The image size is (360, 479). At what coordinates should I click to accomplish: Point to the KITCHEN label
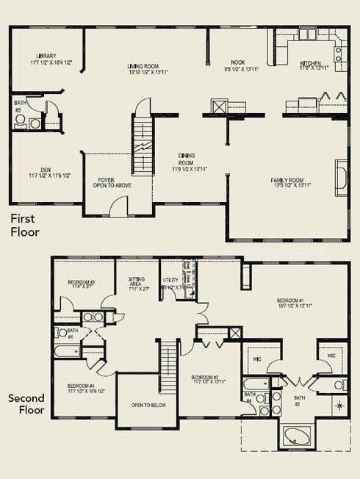[311, 64]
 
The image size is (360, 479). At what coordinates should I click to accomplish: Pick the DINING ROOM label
[185, 159]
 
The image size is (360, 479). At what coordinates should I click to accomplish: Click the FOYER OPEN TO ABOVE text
[112, 183]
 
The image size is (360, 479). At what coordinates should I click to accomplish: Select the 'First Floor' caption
[25, 225]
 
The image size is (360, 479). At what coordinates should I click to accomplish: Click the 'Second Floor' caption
[27, 405]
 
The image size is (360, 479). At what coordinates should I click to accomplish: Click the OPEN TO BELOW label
[145, 405]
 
